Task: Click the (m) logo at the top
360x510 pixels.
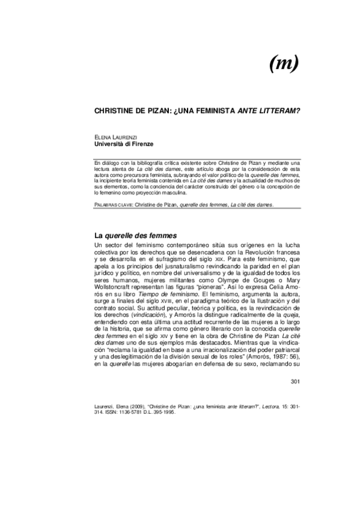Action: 281,61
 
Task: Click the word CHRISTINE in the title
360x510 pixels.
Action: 117,112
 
